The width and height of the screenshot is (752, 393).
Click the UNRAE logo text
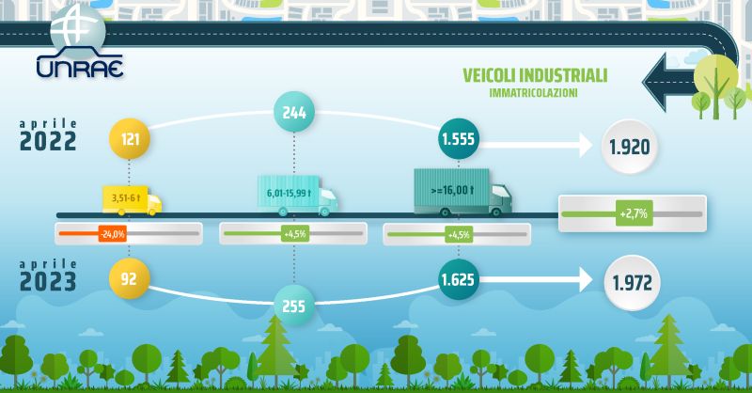point(80,67)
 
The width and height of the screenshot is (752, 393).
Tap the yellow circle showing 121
point(130,139)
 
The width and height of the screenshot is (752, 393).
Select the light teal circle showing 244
point(294,112)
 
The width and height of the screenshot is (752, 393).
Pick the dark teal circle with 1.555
point(458,138)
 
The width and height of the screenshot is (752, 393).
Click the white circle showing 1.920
point(629,147)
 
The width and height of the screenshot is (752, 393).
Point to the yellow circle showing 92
point(129,279)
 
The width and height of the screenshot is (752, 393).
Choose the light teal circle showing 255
point(294,306)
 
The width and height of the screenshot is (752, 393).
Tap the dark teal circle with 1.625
point(458,279)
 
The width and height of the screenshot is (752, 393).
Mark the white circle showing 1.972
point(632,283)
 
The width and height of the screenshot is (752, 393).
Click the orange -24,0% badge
point(112,234)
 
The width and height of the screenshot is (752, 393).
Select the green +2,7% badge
point(634,213)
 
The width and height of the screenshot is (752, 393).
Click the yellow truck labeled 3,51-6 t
point(132,200)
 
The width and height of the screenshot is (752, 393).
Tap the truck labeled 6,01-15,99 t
point(297,196)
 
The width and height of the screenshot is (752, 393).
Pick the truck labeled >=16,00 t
point(462,192)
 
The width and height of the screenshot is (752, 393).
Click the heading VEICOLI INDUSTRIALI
point(535,76)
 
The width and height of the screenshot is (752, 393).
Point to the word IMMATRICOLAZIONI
point(533,93)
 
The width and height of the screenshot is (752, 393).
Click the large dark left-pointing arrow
point(671,82)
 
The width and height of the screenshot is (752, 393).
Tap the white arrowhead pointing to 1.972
point(586,279)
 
